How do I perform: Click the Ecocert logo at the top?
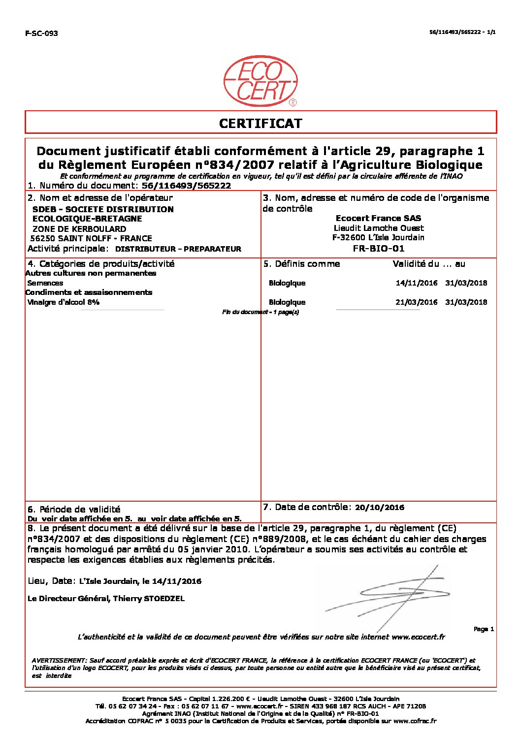[260, 81]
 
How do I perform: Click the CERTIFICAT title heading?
[260, 123]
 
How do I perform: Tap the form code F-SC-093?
[41, 33]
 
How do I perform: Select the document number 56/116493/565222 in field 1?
[186, 186]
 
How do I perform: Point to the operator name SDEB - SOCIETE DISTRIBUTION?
[103, 209]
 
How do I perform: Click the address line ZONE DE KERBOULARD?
[79, 229]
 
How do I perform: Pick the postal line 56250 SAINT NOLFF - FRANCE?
[91, 238]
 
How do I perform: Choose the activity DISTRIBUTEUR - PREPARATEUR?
[178, 249]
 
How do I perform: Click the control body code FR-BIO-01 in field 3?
[378, 248]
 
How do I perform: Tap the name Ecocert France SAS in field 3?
[378, 218]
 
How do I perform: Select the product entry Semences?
[45, 283]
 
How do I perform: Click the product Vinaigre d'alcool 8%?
[64, 302]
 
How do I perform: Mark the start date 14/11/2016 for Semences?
[417, 283]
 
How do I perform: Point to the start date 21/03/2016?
[417, 302]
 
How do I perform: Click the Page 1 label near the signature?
[484, 629]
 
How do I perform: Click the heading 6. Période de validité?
[74, 510]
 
